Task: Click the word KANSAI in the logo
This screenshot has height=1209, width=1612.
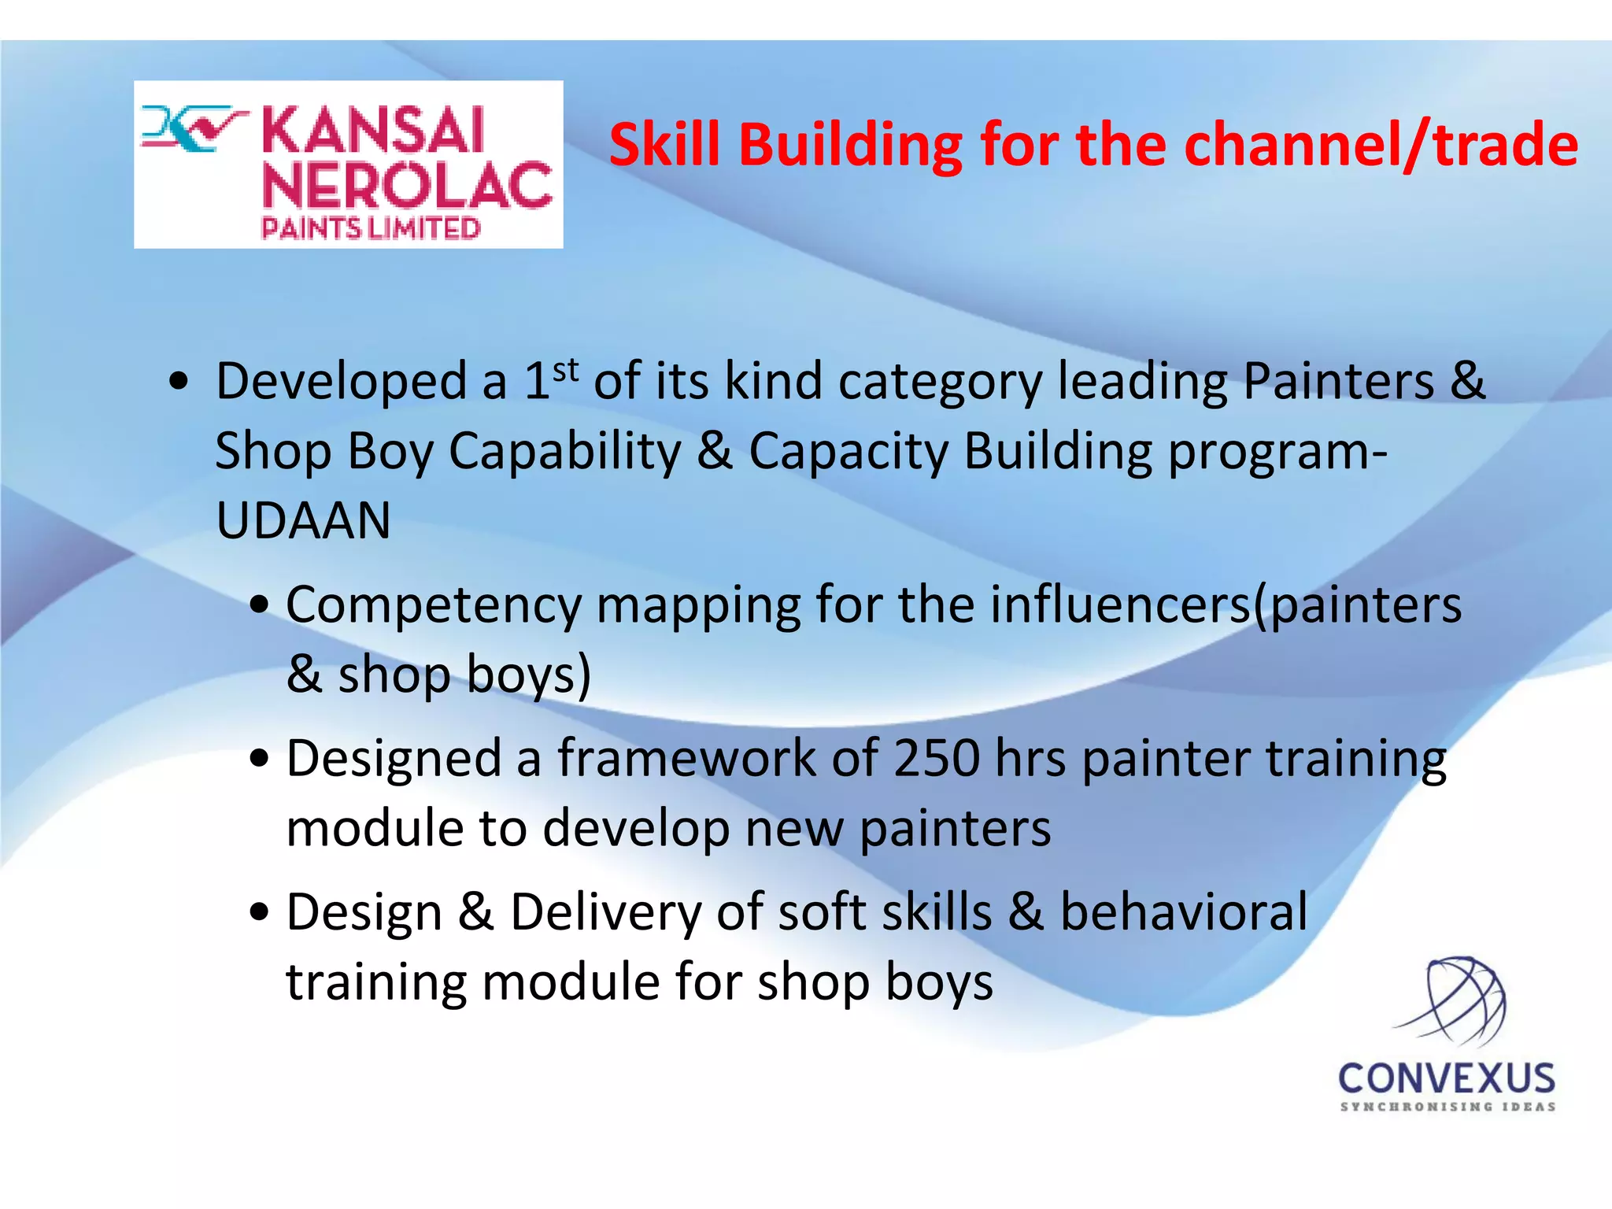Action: point(372,131)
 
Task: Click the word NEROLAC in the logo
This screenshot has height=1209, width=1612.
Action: point(407,186)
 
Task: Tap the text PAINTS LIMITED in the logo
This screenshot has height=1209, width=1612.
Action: point(370,229)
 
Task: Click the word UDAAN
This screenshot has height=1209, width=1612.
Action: point(303,521)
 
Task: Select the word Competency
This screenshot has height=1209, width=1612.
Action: point(433,606)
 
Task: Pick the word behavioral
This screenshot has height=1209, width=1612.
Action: point(1183,912)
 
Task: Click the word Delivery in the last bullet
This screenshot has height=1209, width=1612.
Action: point(605,912)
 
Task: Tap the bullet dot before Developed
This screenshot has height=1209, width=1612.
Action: point(179,382)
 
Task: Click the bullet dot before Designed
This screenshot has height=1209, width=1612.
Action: point(259,760)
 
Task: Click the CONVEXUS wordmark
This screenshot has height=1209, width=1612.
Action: point(1447,1079)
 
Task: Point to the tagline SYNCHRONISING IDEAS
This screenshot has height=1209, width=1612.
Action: point(1447,1107)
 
